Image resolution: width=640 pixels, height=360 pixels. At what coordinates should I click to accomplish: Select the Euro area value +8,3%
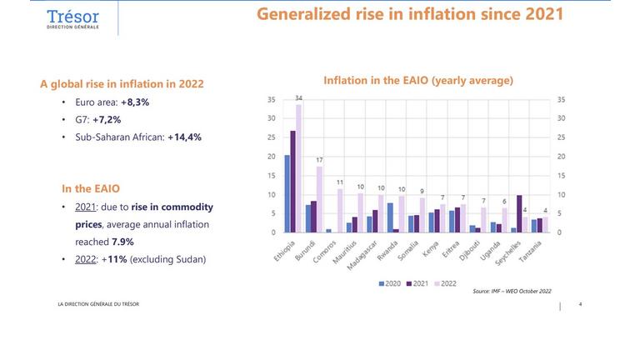pyautogui.click(x=134, y=101)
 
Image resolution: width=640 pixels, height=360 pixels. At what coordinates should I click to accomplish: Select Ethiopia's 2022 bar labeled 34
pyautogui.click(x=298, y=167)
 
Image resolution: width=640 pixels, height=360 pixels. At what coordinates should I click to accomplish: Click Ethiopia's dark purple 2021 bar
pyautogui.click(x=292, y=181)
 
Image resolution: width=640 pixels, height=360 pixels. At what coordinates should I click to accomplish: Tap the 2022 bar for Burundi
pyautogui.click(x=318, y=199)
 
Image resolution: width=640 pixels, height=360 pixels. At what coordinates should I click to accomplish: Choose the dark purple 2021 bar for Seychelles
pyautogui.click(x=520, y=213)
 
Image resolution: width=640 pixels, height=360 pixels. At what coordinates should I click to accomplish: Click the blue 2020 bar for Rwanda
pyautogui.click(x=390, y=217)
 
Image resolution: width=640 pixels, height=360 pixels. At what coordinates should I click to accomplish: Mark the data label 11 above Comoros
pyautogui.click(x=339, y=182)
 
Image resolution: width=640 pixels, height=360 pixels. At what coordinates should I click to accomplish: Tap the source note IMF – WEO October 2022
pyautogui.click(x=512, y=291)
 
